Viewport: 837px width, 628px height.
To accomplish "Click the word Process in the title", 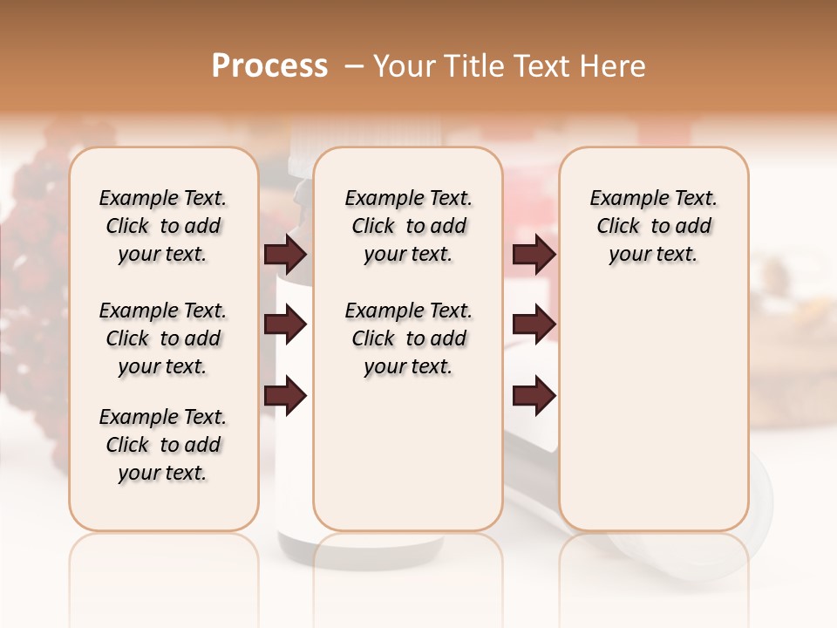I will click(269, 65).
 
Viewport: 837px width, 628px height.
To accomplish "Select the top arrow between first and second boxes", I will click(285, 254).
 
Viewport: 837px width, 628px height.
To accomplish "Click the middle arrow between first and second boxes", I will click(285, 325).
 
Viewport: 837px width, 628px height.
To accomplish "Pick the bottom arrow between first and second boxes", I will click(285, 395).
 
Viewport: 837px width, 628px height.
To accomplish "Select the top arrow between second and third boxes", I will click(534, 254).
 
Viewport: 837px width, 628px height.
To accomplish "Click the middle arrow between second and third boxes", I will click(534, 325).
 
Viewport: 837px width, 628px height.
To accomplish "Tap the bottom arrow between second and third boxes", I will click(534, 395).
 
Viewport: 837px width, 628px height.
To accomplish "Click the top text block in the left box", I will click(163, 226).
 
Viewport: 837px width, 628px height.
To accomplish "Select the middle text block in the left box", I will click(163, 338).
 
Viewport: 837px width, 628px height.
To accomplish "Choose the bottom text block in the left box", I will click(163, 445).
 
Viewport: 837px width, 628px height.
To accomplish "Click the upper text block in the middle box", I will click(408, 226).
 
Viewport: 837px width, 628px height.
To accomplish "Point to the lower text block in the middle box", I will click(408, 338).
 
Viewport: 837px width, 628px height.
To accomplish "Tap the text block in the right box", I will click(653, 226).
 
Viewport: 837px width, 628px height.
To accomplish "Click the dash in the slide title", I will click(354, 66).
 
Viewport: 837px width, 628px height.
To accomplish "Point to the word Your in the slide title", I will click(400, 65).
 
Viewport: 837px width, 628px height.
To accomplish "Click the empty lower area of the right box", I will click(653, 419).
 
